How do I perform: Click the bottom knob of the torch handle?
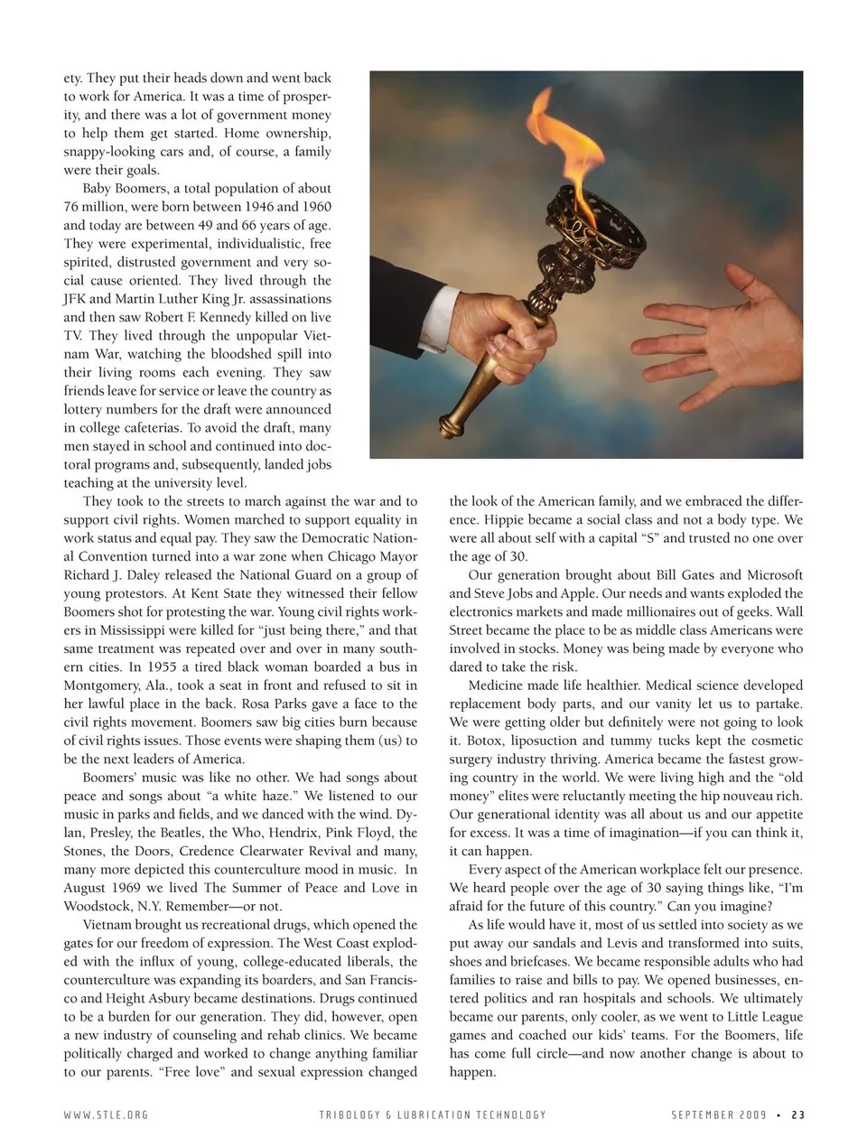(449, 424)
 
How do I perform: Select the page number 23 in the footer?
(797, 1114)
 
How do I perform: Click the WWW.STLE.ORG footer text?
(106, 1114)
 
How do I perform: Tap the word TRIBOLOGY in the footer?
(348, 1114)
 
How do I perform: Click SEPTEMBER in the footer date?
(703, 1114)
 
